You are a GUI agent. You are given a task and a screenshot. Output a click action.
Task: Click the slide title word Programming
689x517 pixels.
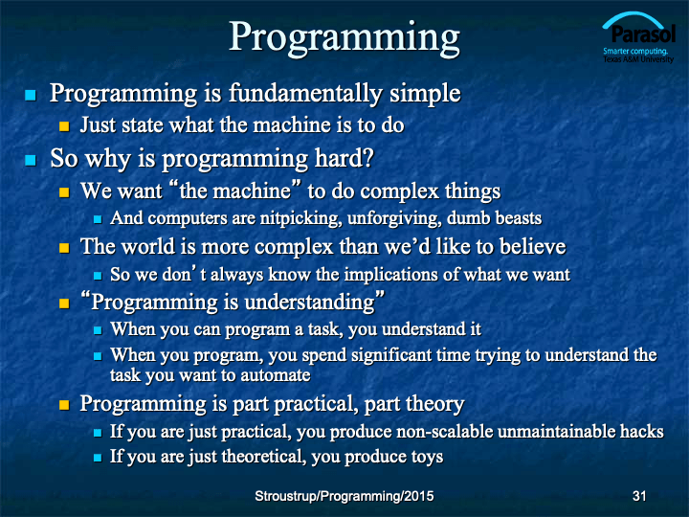click(x=344, y=38)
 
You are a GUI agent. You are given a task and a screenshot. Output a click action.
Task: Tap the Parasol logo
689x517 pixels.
click(x=638, y=38)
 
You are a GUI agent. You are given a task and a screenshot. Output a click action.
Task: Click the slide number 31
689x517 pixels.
click(x=639, y=496)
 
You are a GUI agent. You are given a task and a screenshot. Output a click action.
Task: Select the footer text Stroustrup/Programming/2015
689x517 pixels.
click(x=344, y=496)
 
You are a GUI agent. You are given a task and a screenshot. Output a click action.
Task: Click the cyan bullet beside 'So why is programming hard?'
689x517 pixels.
click(x=31, y=160)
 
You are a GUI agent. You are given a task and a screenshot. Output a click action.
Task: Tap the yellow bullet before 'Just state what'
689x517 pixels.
click(x=64, y=126)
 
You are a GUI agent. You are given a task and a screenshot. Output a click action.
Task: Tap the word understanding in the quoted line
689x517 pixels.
click(x=309, y=303)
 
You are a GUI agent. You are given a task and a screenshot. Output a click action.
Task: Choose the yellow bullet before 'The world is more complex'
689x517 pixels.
click(x=64, y=248)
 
